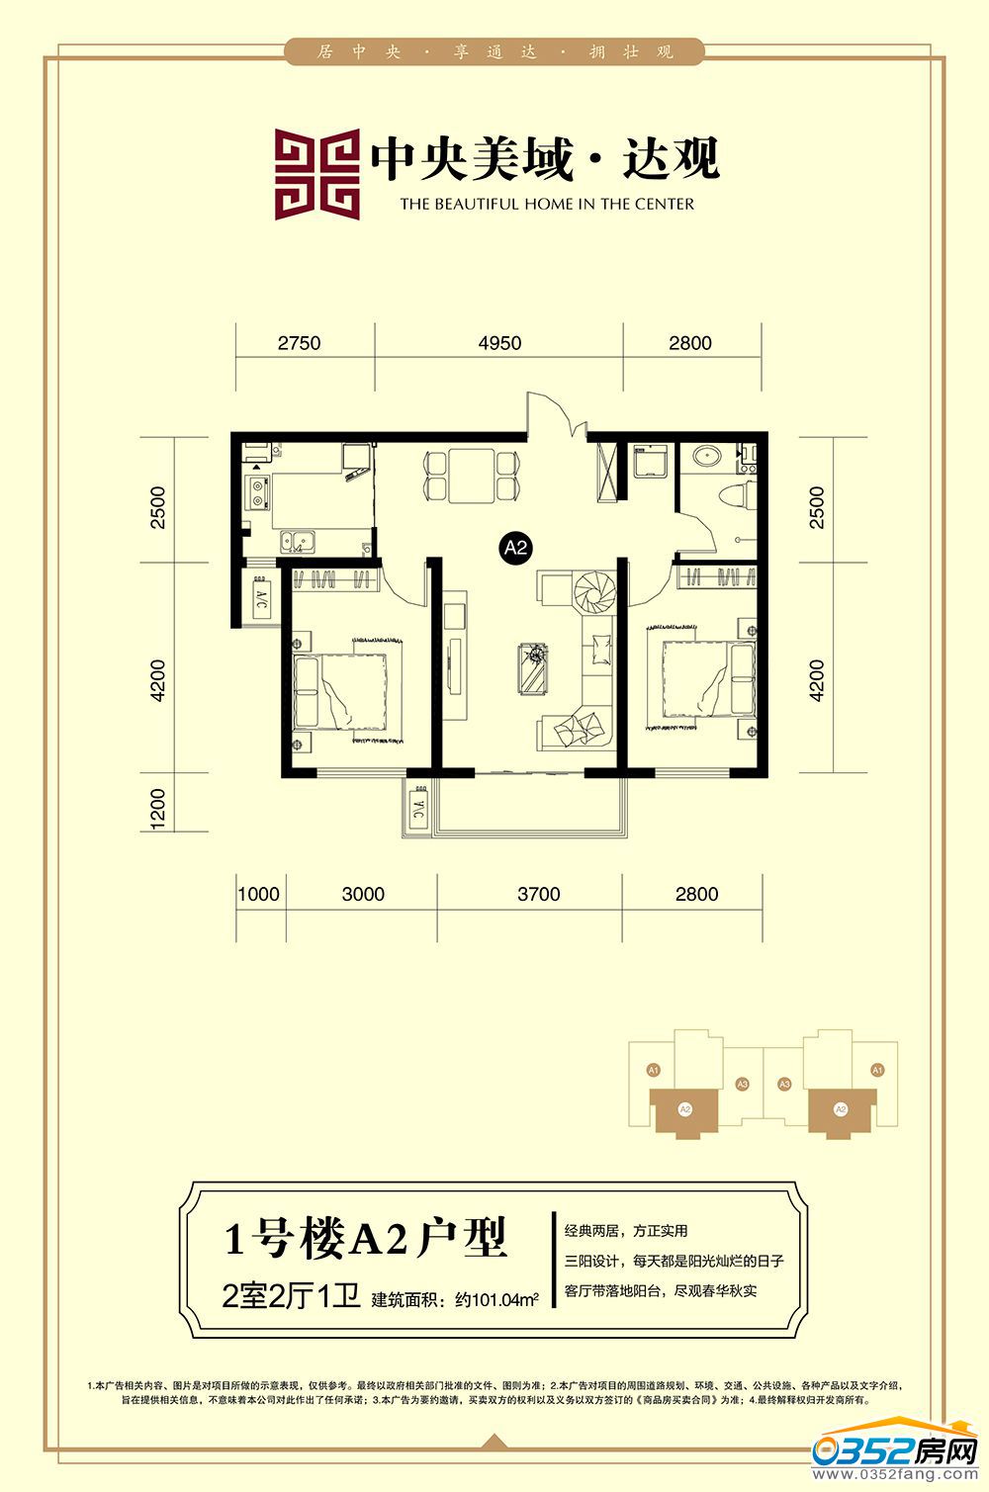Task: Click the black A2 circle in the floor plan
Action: click(x=516, y=547)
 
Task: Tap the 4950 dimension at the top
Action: click(x=499, y=343)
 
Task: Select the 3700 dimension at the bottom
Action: click(x=538, y=894)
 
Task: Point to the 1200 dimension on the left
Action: click(x=158, y=808)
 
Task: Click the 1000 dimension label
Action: click(x=259, y=894)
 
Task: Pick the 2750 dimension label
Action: click(x=299, y=343)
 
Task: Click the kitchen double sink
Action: click(x=297, y=541)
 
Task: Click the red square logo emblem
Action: click(x=316, y=174)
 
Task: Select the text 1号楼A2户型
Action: click(x=365, y=1237)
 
